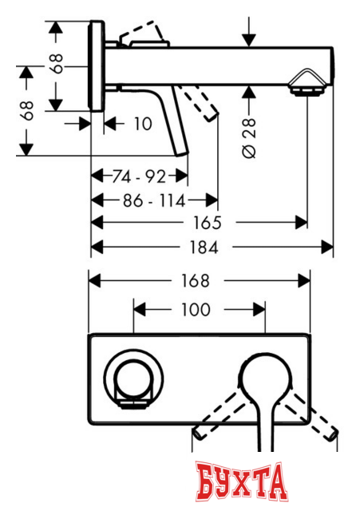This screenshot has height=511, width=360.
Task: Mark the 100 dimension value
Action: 196,309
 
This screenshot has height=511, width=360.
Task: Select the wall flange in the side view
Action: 97,69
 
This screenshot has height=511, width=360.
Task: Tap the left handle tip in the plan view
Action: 198,434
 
